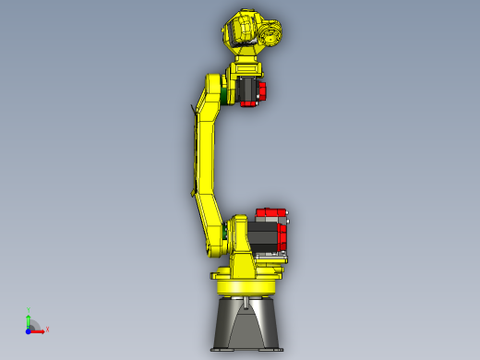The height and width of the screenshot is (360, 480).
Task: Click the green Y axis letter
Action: pyautogui.click(x=29, y=311)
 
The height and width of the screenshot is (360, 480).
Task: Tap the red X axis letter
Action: pyautogui.click(x=47, y=329)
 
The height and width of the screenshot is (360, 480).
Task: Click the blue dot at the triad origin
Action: pyautogui.click(x=29, y=330)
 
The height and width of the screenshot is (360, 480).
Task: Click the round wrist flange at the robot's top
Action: pyautogui.click(x=272, y=36)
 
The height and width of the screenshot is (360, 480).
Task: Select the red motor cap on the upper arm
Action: pyautogui.click(x=260, y=92)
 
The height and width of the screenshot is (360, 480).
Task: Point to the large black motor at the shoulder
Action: pyautogui.click(x=264, y=234)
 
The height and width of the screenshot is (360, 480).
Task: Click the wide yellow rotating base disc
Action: pyautogui.click(x=247, y=275)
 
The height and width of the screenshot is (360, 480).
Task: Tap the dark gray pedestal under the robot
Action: pyautogui.click(x=246, y=318)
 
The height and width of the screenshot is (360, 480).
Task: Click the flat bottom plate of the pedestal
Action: pyautogui.click(x=246, y=348)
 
